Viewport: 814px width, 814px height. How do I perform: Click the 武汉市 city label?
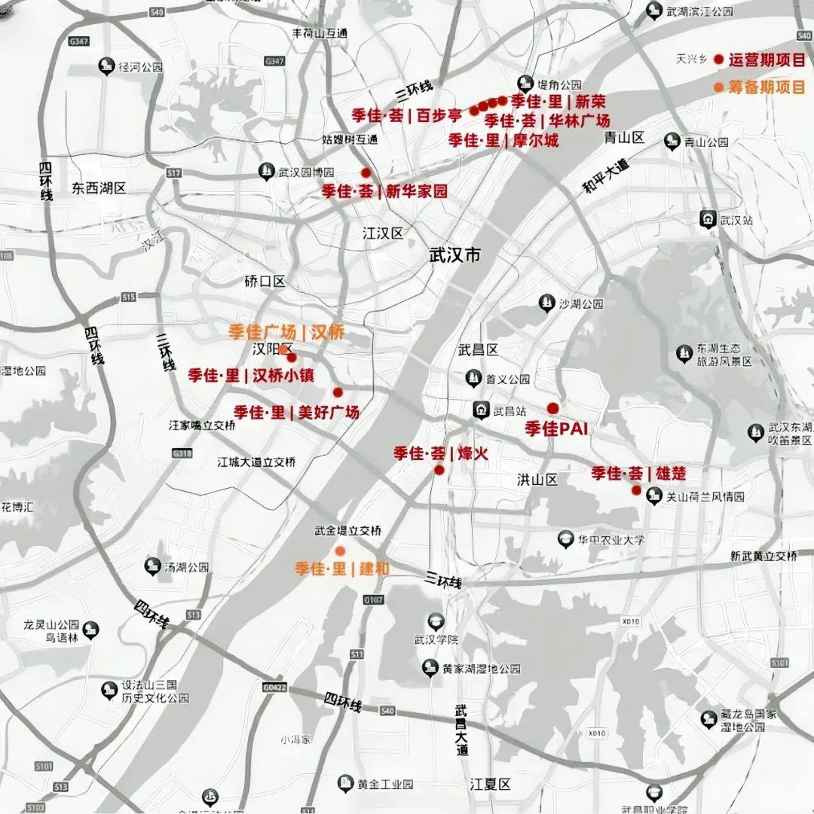coord(454,255)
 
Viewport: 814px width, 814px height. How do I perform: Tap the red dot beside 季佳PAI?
coord(552,408)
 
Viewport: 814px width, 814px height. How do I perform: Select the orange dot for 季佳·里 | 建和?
coord(340,550)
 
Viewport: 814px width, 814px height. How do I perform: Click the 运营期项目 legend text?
coord(766,59)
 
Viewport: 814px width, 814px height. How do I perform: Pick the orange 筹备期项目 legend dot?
coord(718,87)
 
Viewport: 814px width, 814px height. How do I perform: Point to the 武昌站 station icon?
coord(479,410)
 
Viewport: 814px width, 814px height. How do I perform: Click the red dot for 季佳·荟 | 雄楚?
coord(636,490)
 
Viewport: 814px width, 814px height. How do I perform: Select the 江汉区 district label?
coord(383,233)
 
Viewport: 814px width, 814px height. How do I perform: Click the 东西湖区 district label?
coord(99,187)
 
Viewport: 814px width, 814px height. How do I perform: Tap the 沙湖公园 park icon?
coord(546,304)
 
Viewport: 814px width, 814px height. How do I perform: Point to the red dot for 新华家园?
coord(366,172)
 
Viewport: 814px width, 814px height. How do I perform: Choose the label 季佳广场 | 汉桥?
coord(286,331)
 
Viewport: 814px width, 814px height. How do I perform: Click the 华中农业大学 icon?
coord(565,539)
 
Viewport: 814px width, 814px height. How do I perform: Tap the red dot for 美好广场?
coord(338,392)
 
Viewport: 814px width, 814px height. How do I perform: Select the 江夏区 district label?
coord(490,784)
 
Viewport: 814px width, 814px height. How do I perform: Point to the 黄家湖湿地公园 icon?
coord(430,668)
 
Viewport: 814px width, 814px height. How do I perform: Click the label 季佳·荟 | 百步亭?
coord(406,115)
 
